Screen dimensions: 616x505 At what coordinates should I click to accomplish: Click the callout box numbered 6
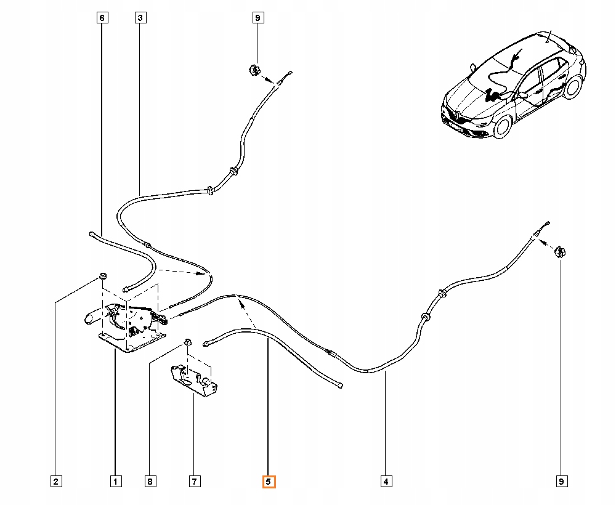pos(102,18)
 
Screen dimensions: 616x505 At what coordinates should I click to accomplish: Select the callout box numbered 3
pos(140,18)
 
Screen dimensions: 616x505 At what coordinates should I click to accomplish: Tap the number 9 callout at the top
pos(257,18)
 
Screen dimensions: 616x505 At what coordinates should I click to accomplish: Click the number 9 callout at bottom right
pos(561,481)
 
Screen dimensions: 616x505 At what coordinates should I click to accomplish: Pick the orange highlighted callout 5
pos(269,482)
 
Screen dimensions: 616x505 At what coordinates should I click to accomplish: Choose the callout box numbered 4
pos(386,481)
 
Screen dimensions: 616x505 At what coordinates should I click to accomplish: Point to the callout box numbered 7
pos(195,481)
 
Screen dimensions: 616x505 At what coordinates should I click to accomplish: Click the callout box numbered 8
pos(150,481)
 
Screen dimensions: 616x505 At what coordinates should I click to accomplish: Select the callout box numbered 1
pos(116,481)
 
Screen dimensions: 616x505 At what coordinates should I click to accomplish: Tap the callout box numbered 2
pos(56,481)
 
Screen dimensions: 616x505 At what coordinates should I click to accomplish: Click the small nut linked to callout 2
pos(102,276)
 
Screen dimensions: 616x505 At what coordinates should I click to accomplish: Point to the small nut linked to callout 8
pos(187,342)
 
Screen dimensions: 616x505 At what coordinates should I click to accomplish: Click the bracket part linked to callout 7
pos(194,380)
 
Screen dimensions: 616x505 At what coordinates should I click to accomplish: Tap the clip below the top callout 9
pos(254,70)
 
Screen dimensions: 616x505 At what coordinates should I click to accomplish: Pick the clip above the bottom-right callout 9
pos(560,251)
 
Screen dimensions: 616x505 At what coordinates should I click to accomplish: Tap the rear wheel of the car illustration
pos(573,87)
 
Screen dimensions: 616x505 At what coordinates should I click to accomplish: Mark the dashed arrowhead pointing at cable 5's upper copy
pos(240,302)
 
